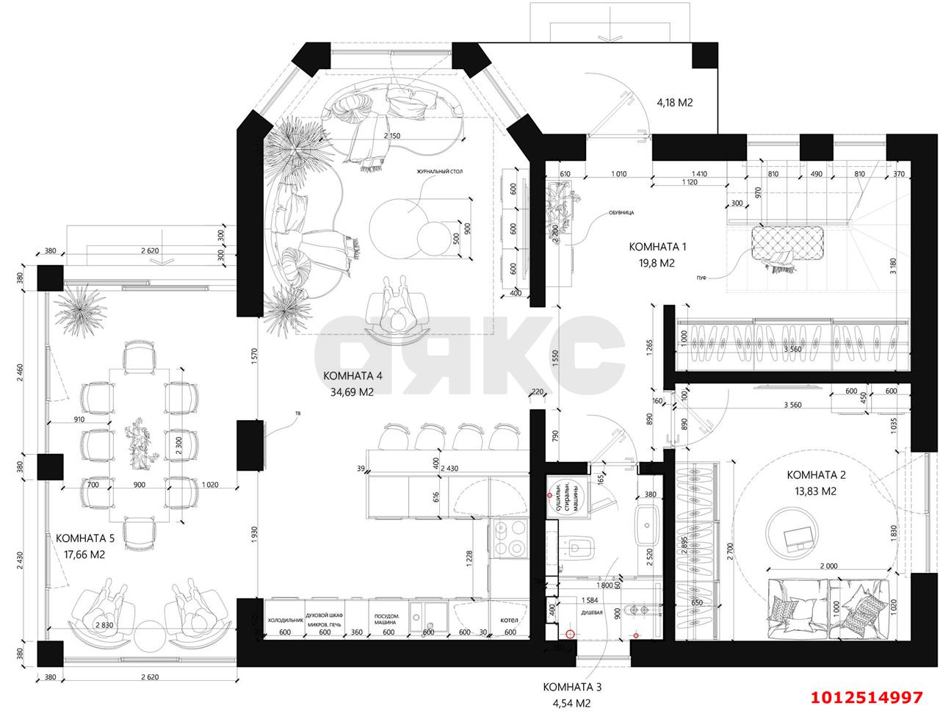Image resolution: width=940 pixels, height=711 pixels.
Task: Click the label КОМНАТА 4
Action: pyautogui.click(x=352, y=376)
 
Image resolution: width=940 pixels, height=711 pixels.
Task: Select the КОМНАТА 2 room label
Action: pyautogui.click(x=811, y=474)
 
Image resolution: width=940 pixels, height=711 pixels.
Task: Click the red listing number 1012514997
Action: pyautogui.click(x=866, y=696)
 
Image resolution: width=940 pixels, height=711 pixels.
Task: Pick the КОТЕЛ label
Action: pyautogui.click(x=509, y=620)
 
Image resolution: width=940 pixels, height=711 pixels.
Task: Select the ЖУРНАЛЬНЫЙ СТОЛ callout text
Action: pyautogui.click(x=440, y=171)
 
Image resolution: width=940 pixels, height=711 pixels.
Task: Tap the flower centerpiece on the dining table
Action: pyautogui.click(x=138, y=444)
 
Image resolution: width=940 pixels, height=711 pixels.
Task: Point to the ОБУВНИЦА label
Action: pyautogui.click(x=621, y=212)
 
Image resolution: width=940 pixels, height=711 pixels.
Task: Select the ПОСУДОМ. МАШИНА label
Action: pyautogui.click(x=387, y=620)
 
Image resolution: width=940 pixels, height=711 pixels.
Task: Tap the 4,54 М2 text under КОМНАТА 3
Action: pyautogui.click(x=572, y=703)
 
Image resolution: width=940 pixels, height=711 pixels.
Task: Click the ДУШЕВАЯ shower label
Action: pyautogui.click(x=592, y=611)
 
